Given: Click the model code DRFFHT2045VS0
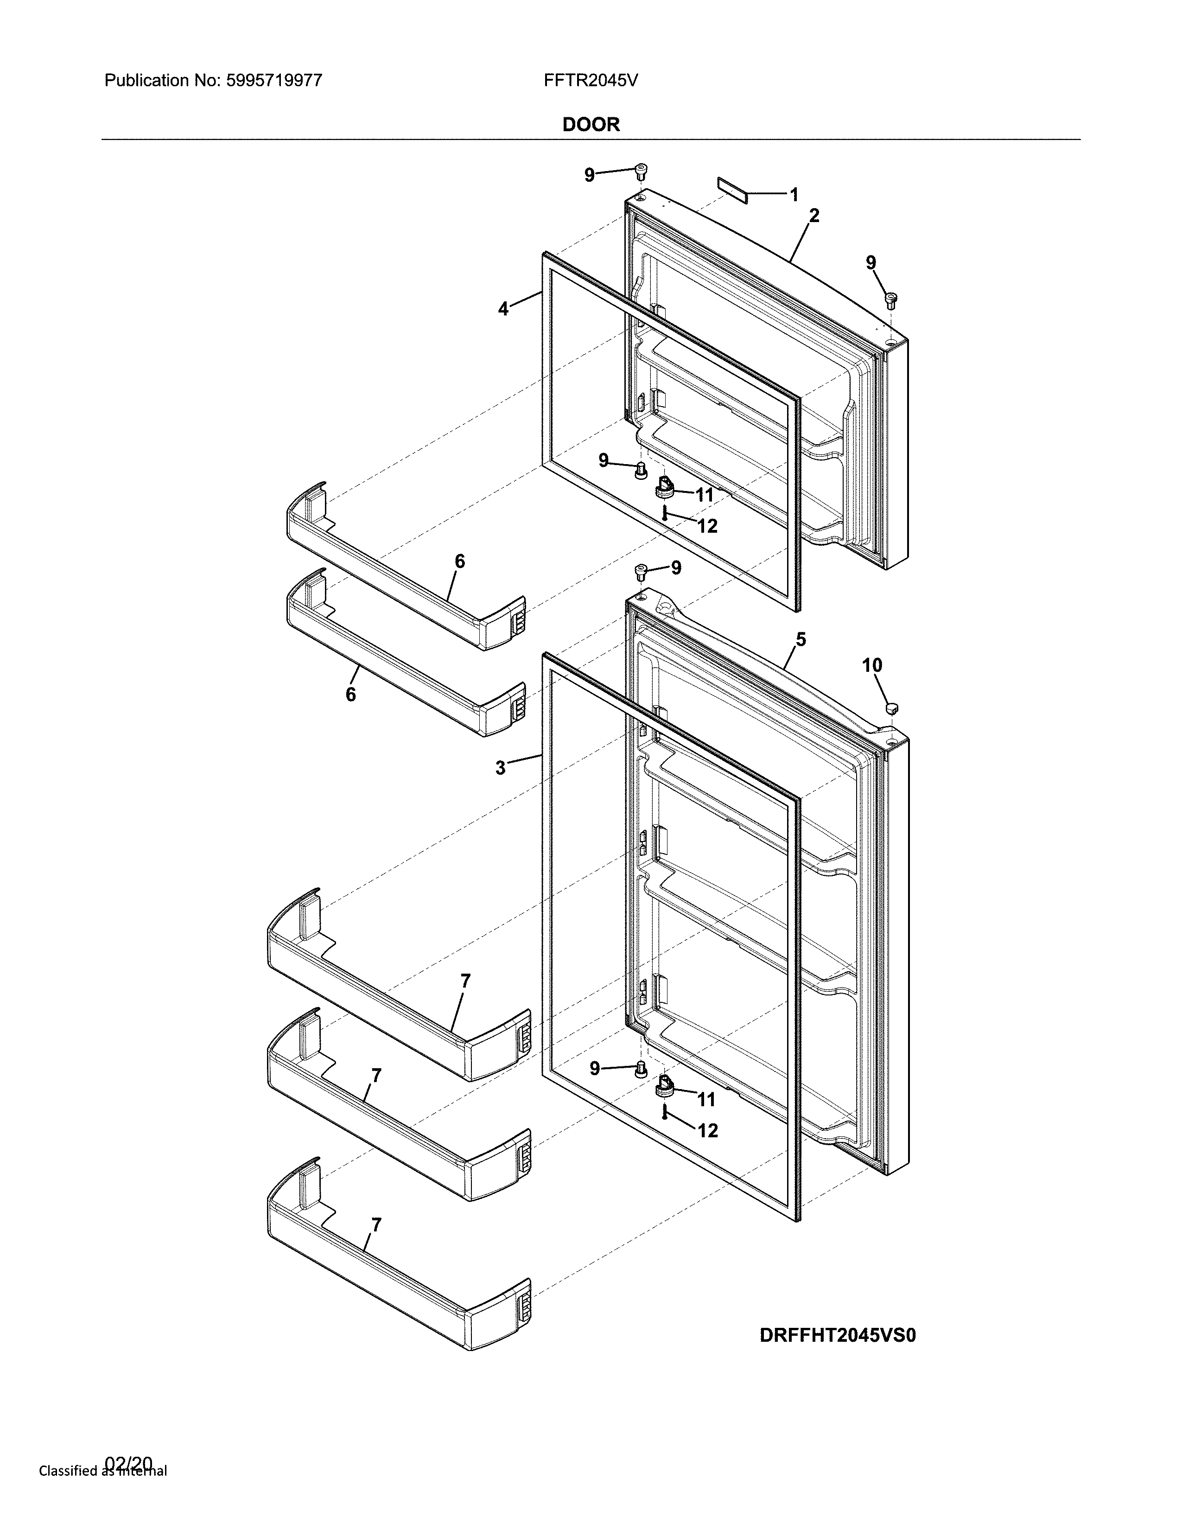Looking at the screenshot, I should [x=838, y=1336].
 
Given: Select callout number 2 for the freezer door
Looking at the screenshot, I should [x=813, y=215].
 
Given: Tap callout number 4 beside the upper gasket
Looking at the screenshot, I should [x=503, y=309].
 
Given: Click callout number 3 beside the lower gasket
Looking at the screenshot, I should [x=500, y=768].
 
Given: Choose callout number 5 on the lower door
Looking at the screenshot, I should [x=801, y=639].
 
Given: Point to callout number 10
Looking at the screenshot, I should [x=872, y=665].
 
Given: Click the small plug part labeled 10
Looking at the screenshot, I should [x=891, y=707].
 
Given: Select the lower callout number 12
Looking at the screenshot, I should [x=708, y=1131].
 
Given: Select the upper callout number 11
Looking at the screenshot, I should [x=704, y=495].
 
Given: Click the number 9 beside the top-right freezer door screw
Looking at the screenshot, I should [x=871, y=263].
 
